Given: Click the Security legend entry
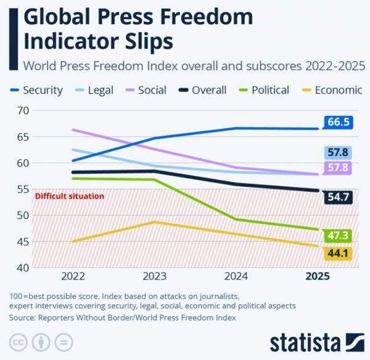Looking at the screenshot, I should pyautogui.click(x=36, y=90).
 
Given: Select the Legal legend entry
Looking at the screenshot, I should pyautogui.click(x=94, y=90).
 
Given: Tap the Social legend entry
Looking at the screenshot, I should pyautogui.click(x=146, y=90).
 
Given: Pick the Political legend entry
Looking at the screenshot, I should pyautogui.click(x=263, y=90).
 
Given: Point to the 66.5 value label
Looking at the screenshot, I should pyautogui.click(x=338, y=122).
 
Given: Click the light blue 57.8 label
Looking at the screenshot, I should pyautogui.click(x=338, y=152).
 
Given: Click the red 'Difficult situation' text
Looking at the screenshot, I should pyautogui.click(x=69, y=196).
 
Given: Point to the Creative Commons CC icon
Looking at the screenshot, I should pyautogui.click(x=18, y=342).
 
